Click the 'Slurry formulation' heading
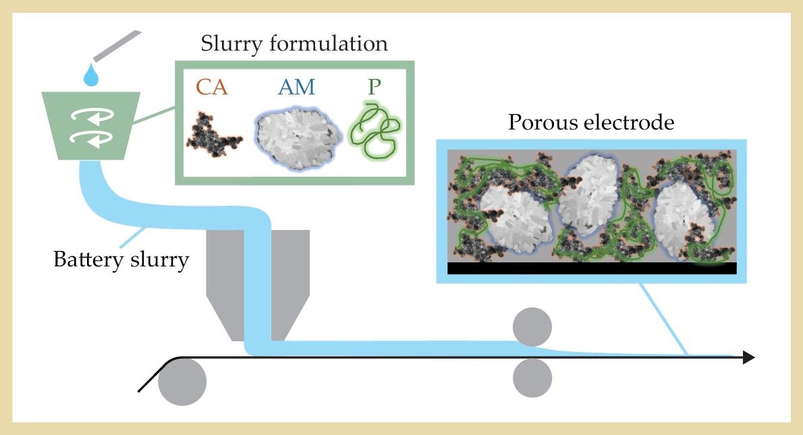click(294, 45)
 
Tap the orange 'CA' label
click(212, 87)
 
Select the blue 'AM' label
click(296, 87)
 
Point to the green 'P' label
click(372, 87)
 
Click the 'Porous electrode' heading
click(590, 123)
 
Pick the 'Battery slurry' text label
click(121, 260)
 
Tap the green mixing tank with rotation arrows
click(91, 125)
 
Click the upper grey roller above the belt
click(532, 326)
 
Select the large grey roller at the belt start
click(182, 381)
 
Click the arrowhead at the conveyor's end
click(748, 357)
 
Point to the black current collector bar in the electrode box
click(591, 268)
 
